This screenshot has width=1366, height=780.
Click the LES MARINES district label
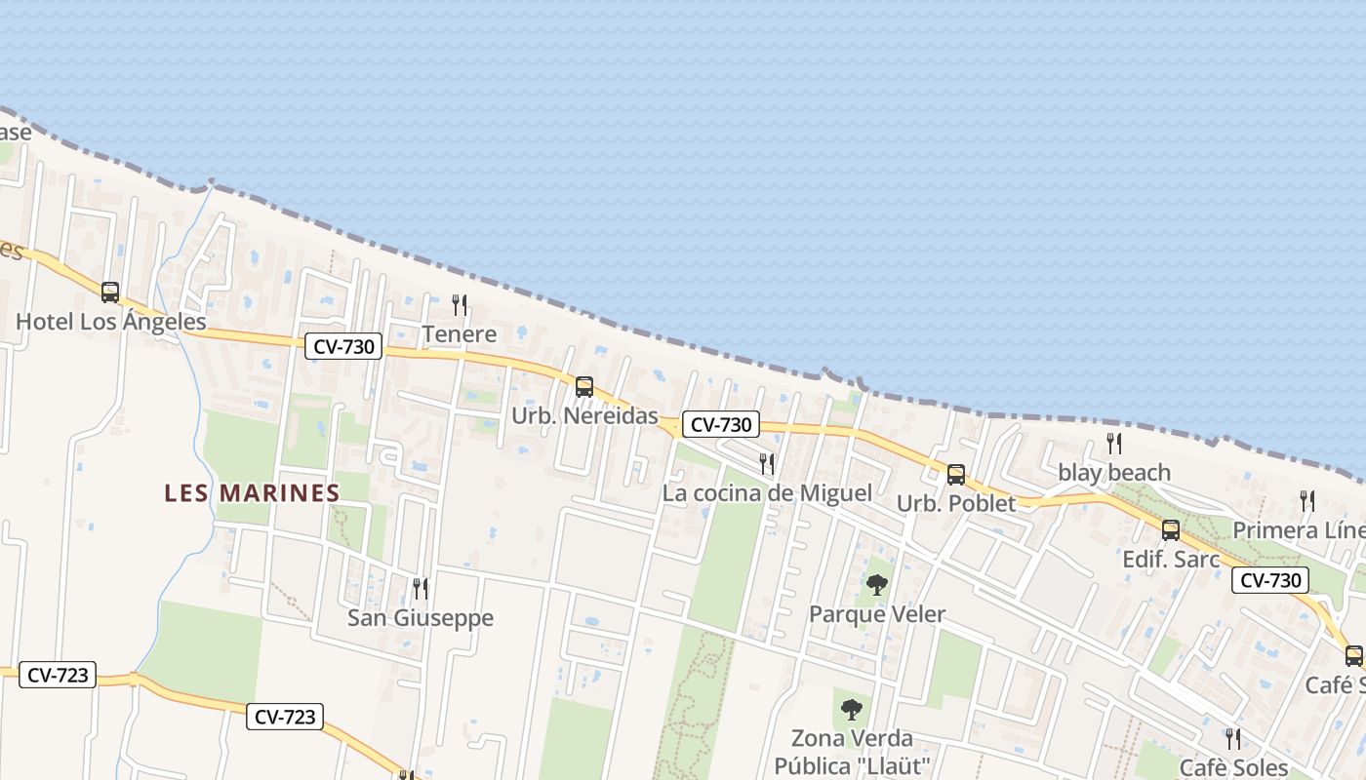[252, 492]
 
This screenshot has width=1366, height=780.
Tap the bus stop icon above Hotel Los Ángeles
[110, 292]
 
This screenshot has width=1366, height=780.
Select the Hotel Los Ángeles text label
[111, 322]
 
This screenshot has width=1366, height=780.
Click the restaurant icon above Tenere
[460, 305]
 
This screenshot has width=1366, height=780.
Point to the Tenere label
[460, 334]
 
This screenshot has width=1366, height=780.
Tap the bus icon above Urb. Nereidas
[584, 386]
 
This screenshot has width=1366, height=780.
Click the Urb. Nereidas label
[585, 415]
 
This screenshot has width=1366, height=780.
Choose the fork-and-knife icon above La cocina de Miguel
[767, 463]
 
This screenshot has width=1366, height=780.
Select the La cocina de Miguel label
[767, 493]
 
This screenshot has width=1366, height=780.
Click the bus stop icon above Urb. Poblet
[956, 474]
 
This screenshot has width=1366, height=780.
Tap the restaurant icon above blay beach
[1114, 444]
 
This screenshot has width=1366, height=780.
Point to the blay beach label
[1114, 473]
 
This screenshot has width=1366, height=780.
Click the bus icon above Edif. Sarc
[1171, 529]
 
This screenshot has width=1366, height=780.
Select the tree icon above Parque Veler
[877, 585]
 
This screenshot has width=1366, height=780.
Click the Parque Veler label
[877, 614]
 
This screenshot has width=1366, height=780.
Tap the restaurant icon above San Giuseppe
[421, 588]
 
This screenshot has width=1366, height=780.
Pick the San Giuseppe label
[421, 618]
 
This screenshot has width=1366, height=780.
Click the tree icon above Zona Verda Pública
[852, 709]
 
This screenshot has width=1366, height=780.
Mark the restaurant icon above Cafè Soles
[1233, 738]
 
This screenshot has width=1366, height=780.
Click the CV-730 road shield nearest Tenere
[343, 346]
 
